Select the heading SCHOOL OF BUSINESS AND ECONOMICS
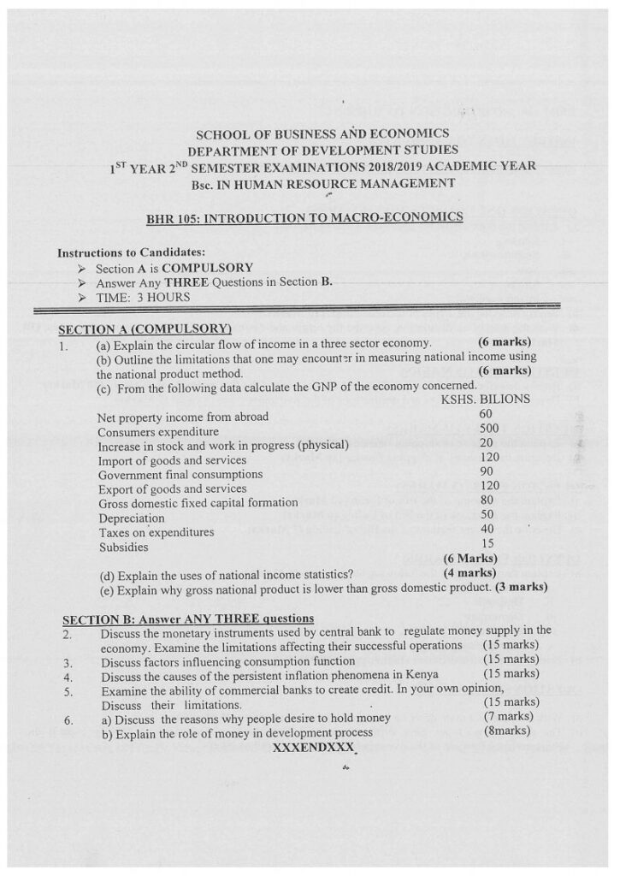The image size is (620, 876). click(x=322, y=134)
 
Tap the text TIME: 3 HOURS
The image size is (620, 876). click(x=143, y=298)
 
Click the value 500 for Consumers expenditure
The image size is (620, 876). click(x=488, y=429)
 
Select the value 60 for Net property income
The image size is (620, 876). click(x=486, y=414)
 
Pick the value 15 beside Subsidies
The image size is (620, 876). click(x=487, y=543)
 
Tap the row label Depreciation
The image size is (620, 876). click(x=131, y=518)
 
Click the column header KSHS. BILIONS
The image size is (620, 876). click(x=485, y=400)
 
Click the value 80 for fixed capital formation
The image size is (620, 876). click(x=487, y=500)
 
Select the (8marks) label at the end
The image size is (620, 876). click(x=507, y=731)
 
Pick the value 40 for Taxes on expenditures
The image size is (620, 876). click(x=487, y=529)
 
